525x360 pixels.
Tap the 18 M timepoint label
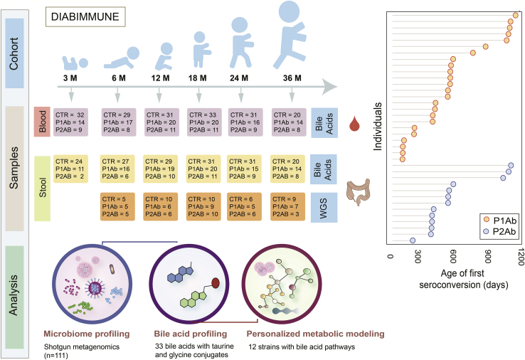[201, 78]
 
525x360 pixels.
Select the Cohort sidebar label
[14, 58]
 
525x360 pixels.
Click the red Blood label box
[42, 121]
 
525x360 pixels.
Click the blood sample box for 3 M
[71, 121]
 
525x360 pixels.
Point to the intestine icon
[358, 194]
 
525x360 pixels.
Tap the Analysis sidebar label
[14, 295]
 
